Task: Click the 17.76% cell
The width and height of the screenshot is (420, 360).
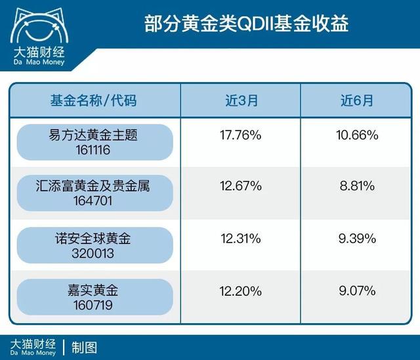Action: click(240, 135)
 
